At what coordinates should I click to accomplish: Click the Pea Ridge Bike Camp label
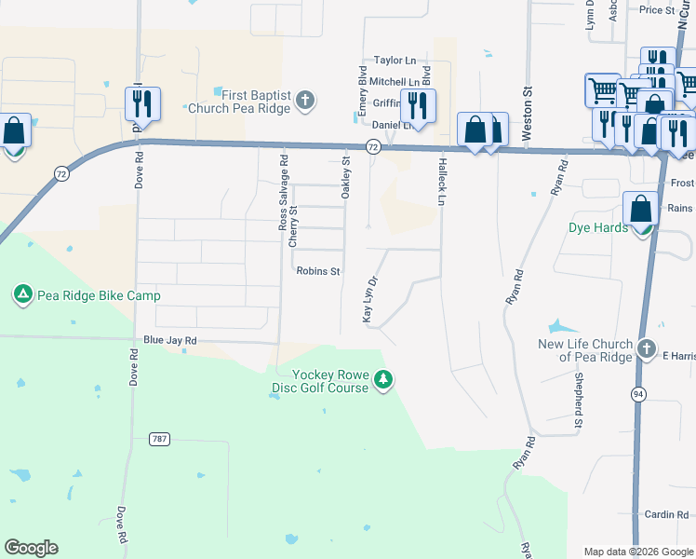[99, 296]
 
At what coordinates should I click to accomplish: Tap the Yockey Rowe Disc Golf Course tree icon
[382, 380]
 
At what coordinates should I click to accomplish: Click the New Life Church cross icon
[648, 350]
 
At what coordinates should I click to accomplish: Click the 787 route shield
[161, 438]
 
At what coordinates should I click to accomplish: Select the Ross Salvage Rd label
[284, 192]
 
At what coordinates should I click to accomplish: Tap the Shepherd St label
[578, 402]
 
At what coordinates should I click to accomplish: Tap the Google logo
[31, 548]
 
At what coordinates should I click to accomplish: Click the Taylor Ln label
[395, 60]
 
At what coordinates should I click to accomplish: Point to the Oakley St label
[345, 177]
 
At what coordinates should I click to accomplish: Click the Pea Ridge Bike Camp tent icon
[22, 296]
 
